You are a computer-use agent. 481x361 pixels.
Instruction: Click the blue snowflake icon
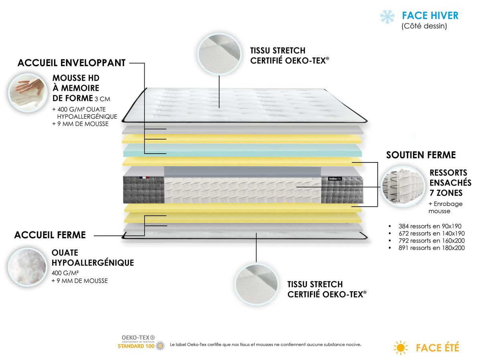click(x=388, y=16)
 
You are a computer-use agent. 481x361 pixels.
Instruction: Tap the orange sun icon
click(x=400, y=347)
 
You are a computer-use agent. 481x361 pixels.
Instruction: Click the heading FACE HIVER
click(x=430, y=16)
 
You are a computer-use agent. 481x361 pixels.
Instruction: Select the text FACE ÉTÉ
click(x=437, y=347)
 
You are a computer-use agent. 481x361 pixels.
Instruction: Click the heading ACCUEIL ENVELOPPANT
click(x=72, y=63)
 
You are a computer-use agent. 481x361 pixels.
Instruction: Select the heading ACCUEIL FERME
click(x=50, y=235)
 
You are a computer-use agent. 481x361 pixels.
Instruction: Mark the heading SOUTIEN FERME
click(x=420, y=155)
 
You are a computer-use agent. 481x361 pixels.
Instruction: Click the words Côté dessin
click(x=424, y=26)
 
